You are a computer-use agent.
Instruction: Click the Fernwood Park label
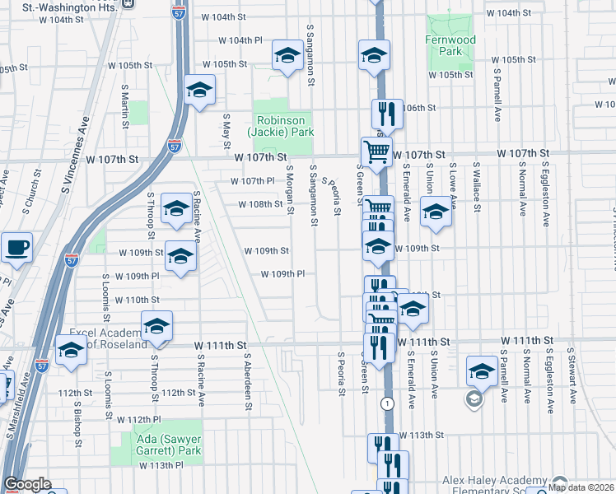tap(450, 45)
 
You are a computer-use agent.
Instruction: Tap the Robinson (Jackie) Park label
tap(282, 126)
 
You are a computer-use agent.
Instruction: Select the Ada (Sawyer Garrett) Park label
tap(167, 445)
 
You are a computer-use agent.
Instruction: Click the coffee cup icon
tap(16, 247)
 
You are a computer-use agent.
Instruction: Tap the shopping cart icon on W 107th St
tap(376, 151)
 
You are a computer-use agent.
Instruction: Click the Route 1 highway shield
tap(386, 403)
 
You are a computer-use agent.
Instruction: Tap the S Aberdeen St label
tap(247, 382)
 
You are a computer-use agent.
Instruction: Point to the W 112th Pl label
tap(137, 419)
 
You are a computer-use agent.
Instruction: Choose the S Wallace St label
tap(475, 187)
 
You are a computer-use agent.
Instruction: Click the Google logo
tap(27, 485)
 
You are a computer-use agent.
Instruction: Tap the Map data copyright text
tap(581, 487)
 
